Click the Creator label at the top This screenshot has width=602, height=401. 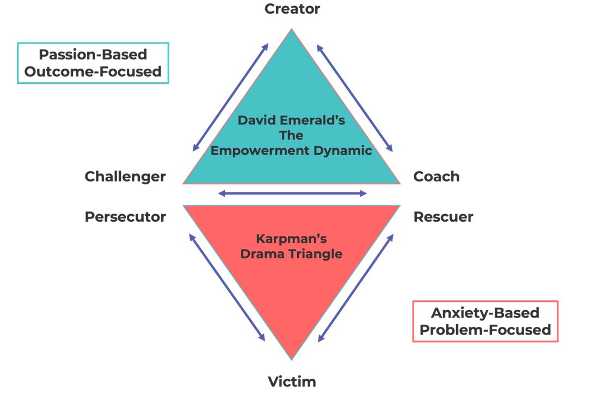292,9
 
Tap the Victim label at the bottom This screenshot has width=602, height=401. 292,381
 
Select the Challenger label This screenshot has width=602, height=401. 125,177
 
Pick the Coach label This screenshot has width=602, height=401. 436,177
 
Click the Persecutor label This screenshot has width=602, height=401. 125,217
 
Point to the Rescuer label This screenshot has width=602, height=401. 443,217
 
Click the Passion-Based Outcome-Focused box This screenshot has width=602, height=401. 93,63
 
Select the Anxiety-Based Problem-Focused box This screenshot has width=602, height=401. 485,321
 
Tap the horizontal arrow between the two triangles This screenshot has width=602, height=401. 292,193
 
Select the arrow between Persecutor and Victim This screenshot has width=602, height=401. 226,287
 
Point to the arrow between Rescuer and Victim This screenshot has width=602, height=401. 355,287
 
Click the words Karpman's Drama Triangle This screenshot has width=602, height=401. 292,246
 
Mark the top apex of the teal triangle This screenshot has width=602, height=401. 292,31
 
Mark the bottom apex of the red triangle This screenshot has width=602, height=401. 292,359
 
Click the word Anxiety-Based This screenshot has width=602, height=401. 485,313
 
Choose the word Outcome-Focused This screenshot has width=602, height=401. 93,71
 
